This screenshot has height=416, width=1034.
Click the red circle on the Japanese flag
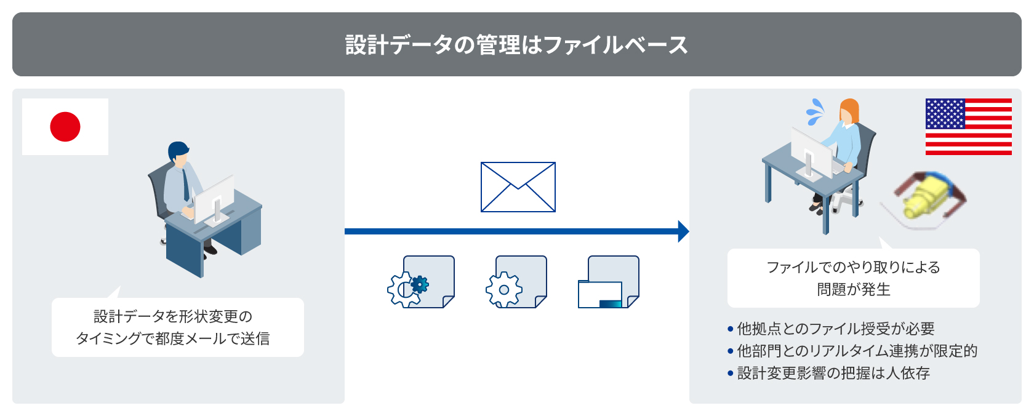tap(65, 127)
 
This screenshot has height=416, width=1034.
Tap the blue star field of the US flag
tap(945, 114)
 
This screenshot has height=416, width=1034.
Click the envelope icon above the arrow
tap(518, 187)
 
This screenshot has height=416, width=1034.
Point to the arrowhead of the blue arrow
tap(684, 231)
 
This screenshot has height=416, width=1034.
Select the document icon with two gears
tap(421, 282)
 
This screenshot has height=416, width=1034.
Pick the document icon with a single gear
tap(516, 282)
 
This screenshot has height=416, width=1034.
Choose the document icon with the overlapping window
tap(609, 282)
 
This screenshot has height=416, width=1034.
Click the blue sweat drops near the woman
tap(816, 112)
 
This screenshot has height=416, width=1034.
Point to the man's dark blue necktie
tap(185, 184)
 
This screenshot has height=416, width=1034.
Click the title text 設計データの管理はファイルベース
tap(516, 45)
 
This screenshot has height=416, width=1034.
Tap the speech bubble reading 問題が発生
tap(854, 278)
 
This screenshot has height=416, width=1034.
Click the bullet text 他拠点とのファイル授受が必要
tap(836, 329)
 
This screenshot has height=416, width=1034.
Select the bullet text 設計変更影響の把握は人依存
tap(833, 373)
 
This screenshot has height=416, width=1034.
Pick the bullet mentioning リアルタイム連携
tap(857, 351)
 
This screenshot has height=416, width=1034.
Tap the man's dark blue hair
tap(178, 150)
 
